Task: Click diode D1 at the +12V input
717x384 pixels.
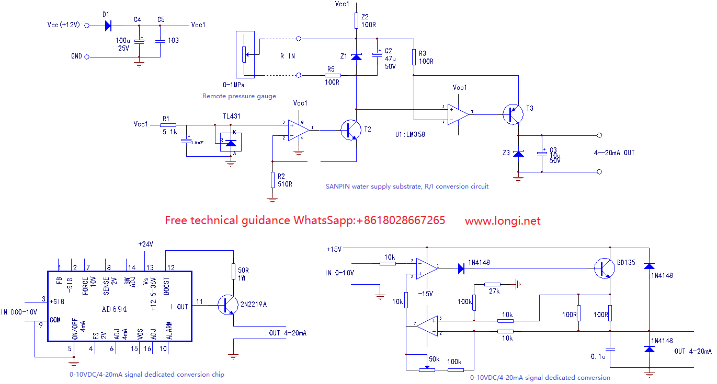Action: pyautogui.click(x=108, y=25)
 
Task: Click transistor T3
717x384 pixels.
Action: pyautogui.click(x=513, y=114)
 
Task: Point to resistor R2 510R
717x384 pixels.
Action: pyautogui.click(x=272, y=180)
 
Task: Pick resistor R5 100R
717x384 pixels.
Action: pyautogui.click(x=333, y=75)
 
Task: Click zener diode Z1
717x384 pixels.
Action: pyautogui.click(x=356, y=56)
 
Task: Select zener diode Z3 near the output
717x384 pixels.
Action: pyautogui.click(x=518, y=154)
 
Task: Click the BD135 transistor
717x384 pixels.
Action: pyautogui.click(x=604, y=269)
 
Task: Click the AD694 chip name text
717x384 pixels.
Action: pyautogui.click(x=115, y=309)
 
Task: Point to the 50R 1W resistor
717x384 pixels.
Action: pyautogui.click(x=233, y=271)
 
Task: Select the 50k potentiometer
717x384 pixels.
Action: pyautogui.click(x=427, y=369)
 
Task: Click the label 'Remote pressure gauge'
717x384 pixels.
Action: pyautogui.click(x=239, y=96)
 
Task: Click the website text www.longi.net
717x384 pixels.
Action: pyautogui.click(x=503, y=221)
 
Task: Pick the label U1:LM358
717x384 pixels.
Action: pyautogui.click(x=410, y=134)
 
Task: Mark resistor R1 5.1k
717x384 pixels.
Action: pyautogui.click(x=169, y=125)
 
